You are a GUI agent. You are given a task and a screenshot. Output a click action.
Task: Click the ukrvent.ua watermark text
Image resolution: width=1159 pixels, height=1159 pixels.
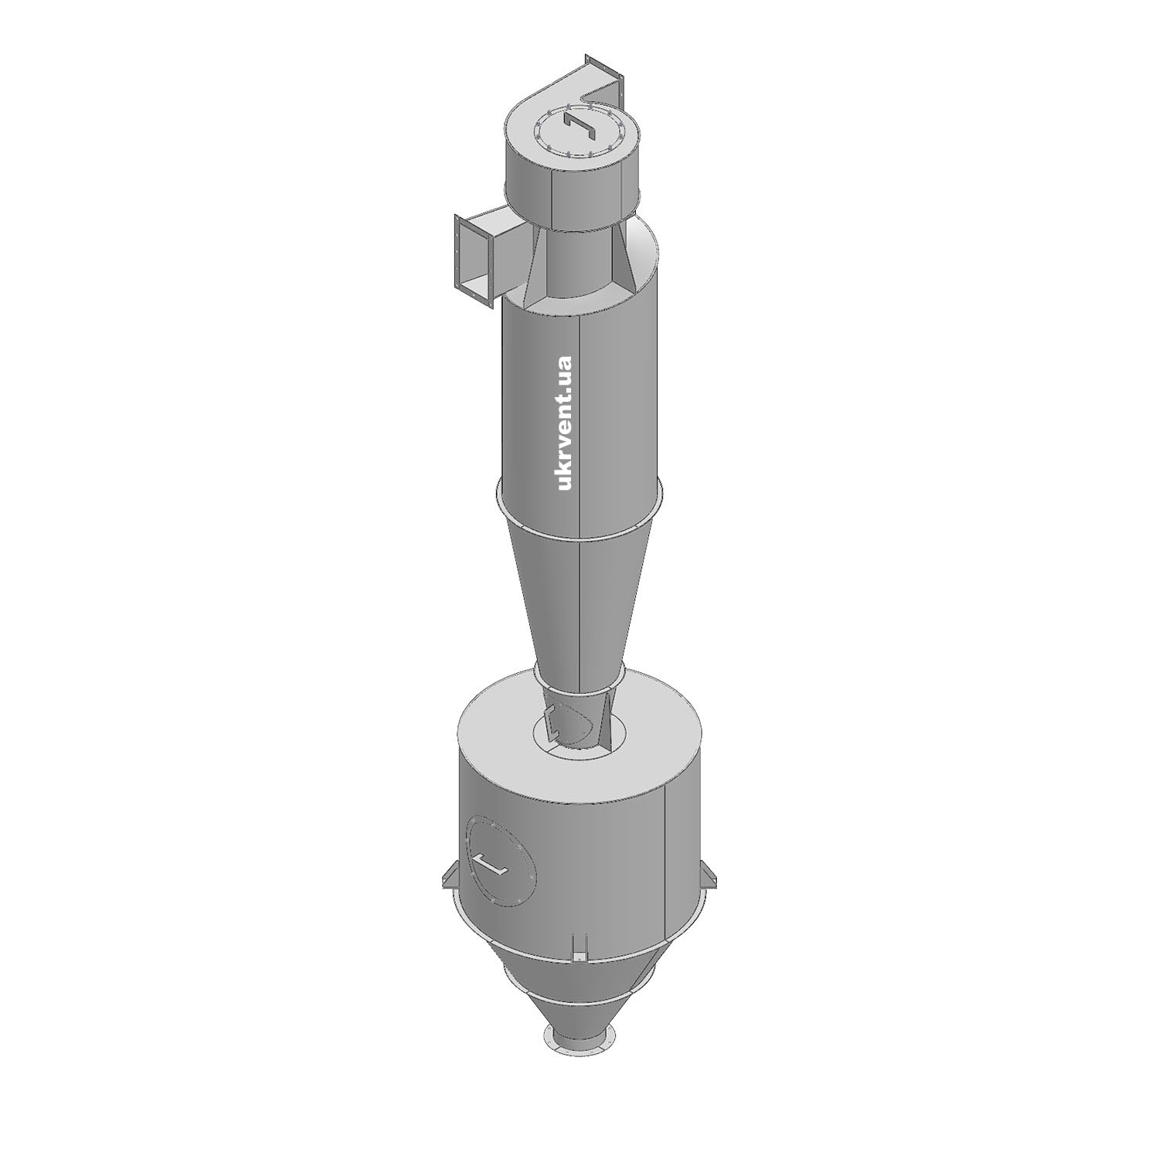coord(564,423)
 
